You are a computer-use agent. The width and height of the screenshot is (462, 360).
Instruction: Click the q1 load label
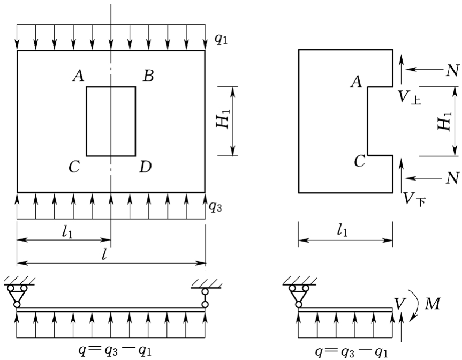click(x=220, y=41)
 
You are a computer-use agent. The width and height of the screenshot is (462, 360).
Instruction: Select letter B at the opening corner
click(x=148, y=77)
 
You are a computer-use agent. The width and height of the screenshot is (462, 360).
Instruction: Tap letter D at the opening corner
click(x=145, y=167)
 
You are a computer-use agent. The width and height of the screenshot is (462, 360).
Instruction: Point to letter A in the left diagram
click(x=78, y=77)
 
